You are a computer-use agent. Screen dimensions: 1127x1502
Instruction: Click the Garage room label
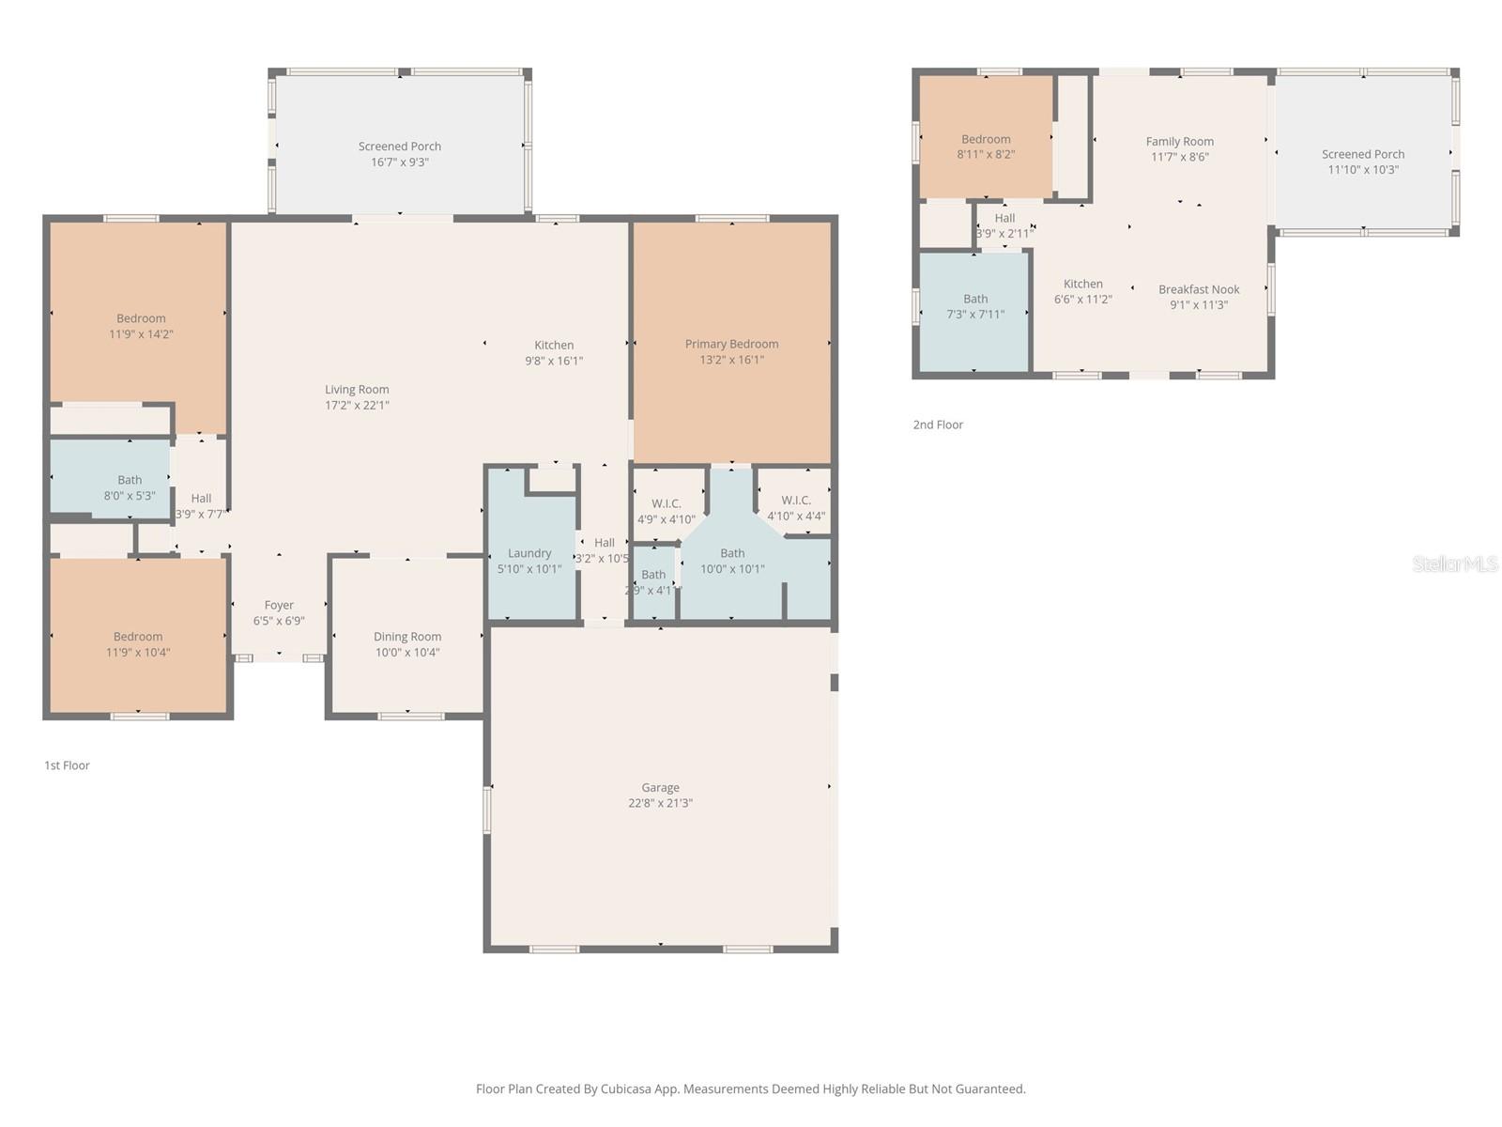coord(660,788)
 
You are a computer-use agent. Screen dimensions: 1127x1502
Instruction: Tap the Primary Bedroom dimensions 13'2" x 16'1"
coord(731,360)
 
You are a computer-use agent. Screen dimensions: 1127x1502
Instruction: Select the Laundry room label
coord(529,553)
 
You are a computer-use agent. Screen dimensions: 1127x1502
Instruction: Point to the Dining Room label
coord(407,637)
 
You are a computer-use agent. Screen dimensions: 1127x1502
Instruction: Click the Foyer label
coord(279,606)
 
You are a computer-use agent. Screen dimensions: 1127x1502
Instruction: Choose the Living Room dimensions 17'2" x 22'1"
coord(357,406)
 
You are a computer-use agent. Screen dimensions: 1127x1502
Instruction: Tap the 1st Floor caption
coord(67,765)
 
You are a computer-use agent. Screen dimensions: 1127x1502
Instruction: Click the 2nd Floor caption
coord(938,425)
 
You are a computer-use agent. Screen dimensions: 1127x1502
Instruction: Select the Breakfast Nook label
coord(1199,289)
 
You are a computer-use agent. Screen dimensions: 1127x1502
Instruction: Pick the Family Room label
coord(1179,142)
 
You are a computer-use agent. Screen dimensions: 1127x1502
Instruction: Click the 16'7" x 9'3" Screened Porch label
coord(400,147)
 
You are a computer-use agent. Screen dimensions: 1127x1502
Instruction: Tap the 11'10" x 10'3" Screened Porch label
coord(1363,154)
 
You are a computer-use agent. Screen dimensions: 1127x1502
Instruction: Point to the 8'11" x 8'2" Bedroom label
coord(986,139)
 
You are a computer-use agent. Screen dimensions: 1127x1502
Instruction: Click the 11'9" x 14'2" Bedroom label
coord(141,318)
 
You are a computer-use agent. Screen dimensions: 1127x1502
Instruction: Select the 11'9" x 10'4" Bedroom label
coord(138,637)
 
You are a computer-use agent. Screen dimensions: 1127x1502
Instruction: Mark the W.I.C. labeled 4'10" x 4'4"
coord(796,501)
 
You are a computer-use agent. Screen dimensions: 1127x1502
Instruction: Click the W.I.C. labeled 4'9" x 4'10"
coord(666,504)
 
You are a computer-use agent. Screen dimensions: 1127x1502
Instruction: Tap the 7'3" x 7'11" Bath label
coord(975,299)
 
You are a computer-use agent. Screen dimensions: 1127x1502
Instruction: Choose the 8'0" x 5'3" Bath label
coord(130,480)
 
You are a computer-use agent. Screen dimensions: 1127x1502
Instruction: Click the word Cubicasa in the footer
coord(627,1089)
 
